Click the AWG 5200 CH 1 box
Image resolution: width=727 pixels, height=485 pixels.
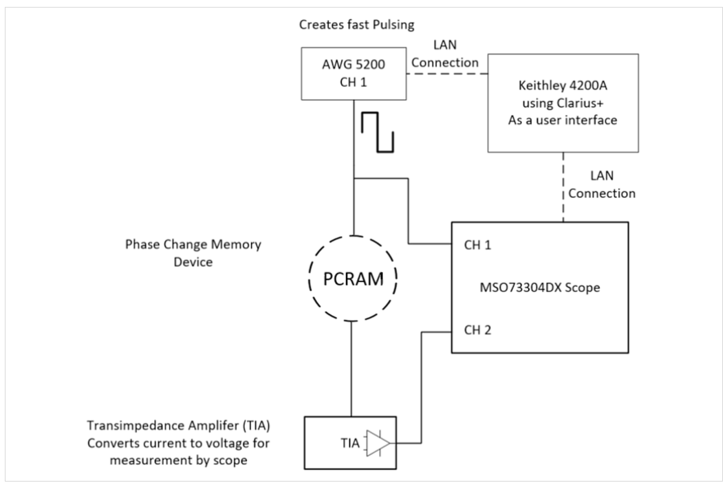[352, 75]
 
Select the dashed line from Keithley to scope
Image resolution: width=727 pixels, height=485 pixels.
[563, 187]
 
